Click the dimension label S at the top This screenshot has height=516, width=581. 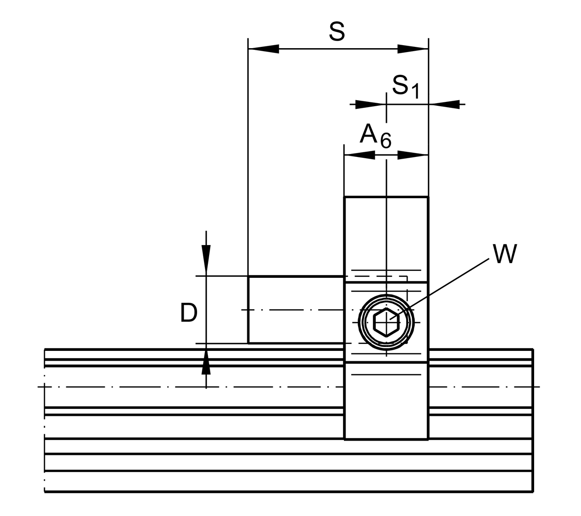[337, 31]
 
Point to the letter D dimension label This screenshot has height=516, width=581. [189, 313]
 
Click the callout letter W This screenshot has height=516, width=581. [505, 254]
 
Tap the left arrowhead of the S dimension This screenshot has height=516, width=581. [263, 49]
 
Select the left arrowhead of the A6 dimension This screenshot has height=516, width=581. [360, 155]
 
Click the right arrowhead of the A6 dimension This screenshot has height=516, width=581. [412, 155]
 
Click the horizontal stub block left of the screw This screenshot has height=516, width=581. [296, 310]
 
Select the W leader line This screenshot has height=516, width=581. [448, 284]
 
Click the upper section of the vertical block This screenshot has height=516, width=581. [386, 236]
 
